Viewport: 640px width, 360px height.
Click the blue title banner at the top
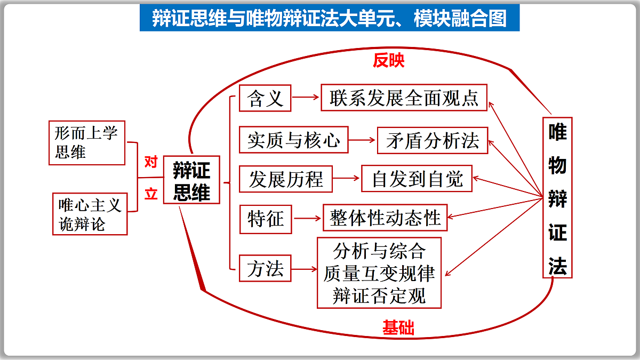pos(330,18)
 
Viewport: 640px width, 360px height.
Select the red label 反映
pos(389,60)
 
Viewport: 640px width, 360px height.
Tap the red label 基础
pos(398,327)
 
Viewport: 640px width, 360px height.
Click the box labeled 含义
pos(265,98)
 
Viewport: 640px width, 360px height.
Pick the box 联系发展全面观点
pos(404,98)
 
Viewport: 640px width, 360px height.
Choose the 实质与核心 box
pos(294,140)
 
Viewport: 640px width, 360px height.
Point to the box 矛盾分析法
pos(433,140)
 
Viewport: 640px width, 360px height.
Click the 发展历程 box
pos(286,179)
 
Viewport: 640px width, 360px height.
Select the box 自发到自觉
pos(417,178)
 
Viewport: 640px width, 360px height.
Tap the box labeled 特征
pos(266,219)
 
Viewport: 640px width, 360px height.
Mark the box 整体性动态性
pos(385,218)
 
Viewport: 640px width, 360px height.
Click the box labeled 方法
pos(265,268)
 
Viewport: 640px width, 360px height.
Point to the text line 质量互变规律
pos(379,273)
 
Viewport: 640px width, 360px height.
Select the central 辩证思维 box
pos(191,180)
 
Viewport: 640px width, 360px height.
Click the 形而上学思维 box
pos(87,143)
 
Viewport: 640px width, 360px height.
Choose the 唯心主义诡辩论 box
pos(90,214)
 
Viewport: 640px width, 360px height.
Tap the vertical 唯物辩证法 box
pos(557,197)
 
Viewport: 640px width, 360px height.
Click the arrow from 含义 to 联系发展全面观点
pos(305,98)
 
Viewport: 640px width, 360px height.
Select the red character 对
pos(151,162)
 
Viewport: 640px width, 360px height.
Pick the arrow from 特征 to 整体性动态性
pos(307,219)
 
